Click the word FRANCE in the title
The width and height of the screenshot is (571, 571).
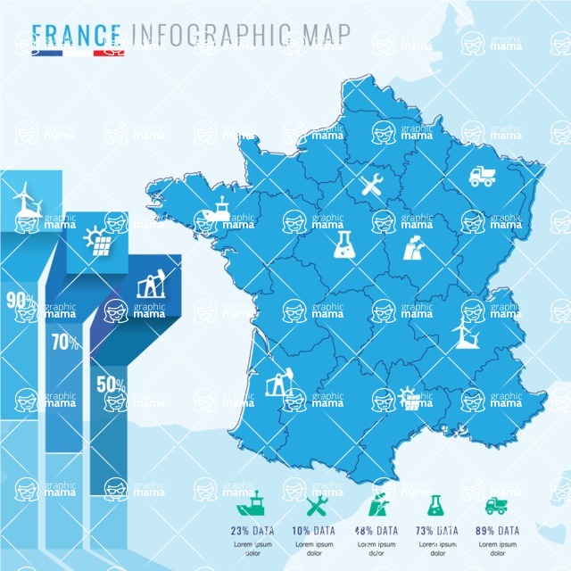78,34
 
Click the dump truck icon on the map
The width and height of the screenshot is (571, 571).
482,176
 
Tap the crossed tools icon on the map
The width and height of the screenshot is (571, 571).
371,186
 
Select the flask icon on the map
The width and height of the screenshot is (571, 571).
343,247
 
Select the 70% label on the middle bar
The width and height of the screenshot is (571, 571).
62,341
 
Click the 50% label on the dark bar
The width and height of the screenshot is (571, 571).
111,385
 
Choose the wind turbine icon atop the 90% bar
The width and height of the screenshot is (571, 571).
27,199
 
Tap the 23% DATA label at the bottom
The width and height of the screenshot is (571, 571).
253,530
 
